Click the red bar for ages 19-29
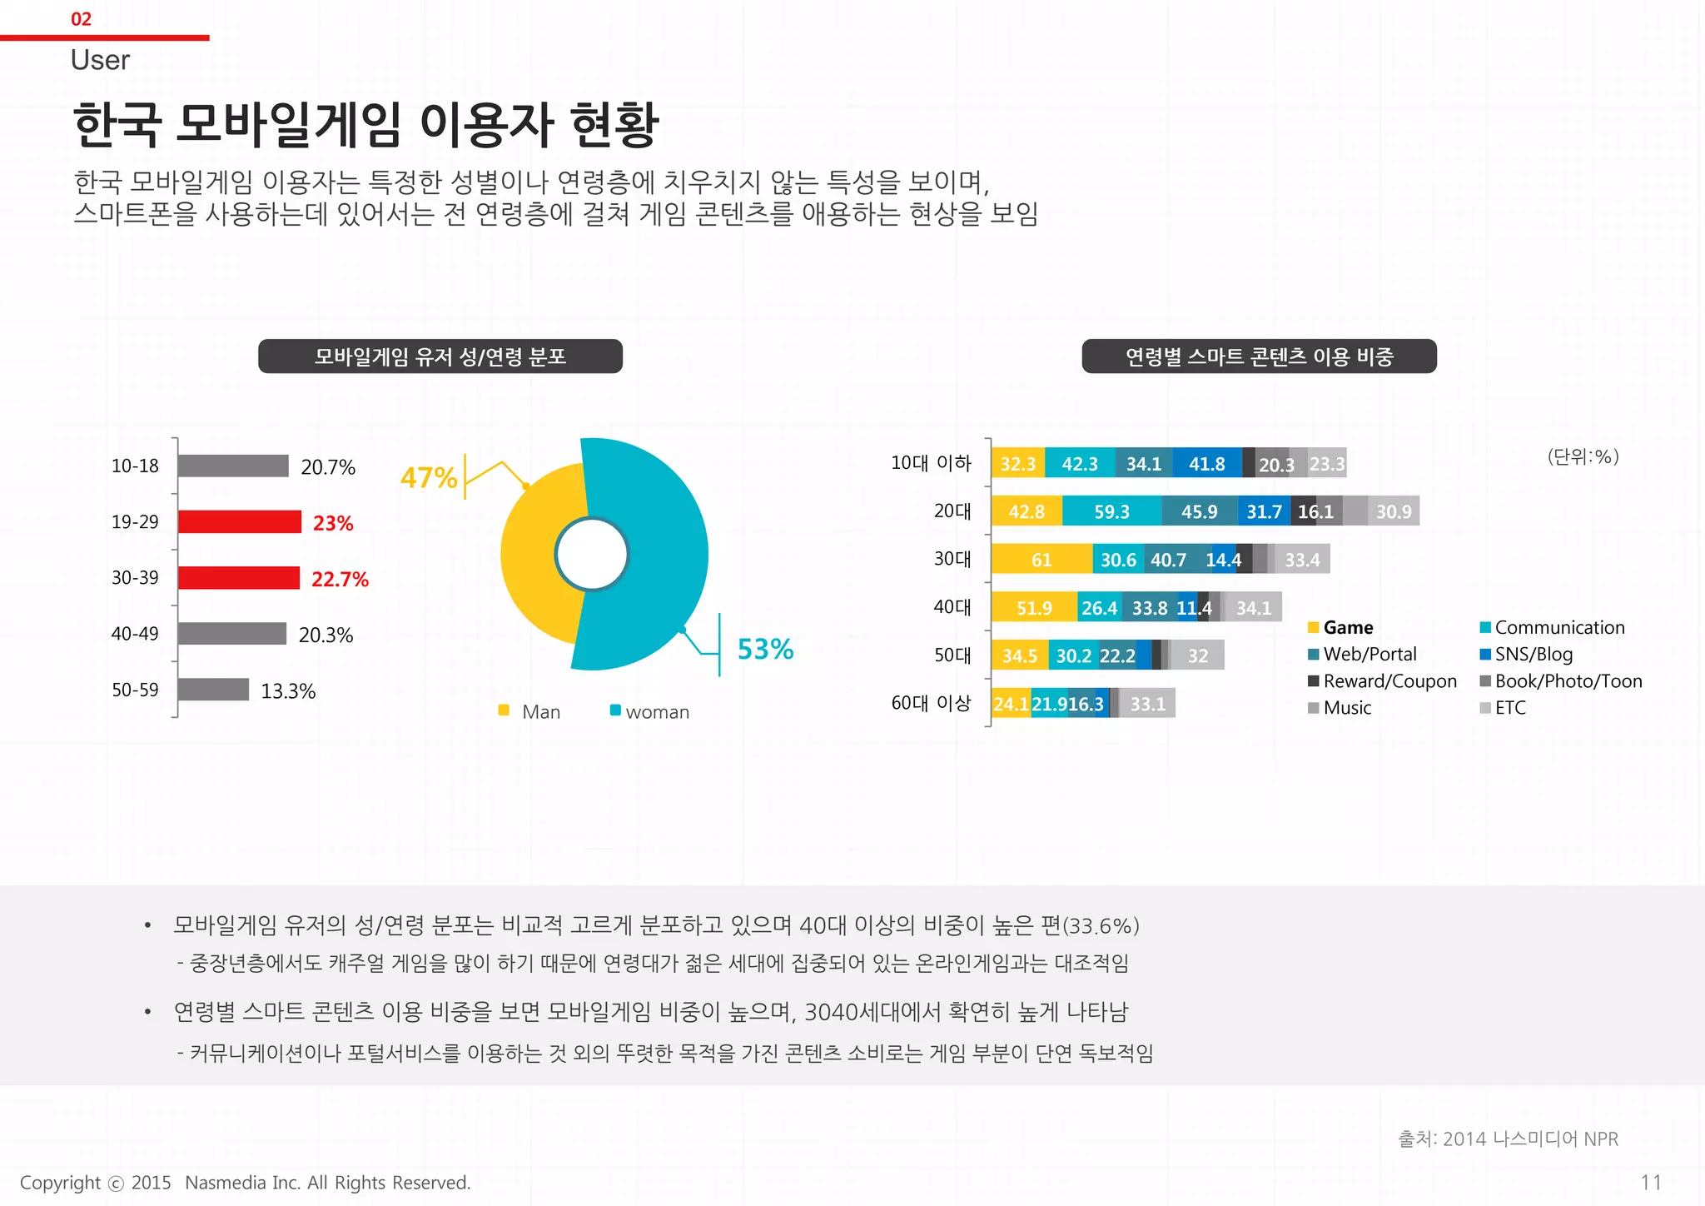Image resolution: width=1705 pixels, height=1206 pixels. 239,521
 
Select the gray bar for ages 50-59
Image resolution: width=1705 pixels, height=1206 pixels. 213,690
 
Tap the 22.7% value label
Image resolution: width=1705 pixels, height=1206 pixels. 340,579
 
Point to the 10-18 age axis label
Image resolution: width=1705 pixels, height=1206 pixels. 135,466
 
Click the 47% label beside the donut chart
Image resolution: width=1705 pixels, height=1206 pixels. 429,477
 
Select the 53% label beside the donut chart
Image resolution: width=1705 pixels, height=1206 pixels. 765,649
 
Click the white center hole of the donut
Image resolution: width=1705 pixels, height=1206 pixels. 591,555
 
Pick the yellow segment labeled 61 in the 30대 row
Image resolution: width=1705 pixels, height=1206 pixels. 1041,560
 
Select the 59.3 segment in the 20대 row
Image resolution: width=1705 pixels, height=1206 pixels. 1111,511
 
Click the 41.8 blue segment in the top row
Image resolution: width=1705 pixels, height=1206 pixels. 1206,464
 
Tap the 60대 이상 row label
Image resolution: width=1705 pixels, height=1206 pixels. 931,703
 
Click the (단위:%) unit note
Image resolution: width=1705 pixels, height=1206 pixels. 1583,456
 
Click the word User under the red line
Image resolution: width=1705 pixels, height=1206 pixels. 100,61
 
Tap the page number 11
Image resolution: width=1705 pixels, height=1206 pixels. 1650,1182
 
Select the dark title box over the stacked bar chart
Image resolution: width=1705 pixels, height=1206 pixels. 1259,356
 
